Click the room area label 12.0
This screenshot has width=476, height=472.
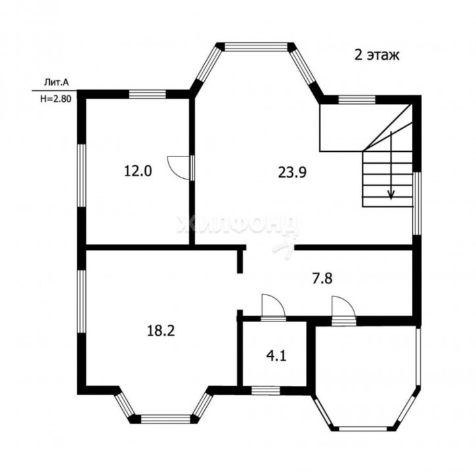[x=138, y=172]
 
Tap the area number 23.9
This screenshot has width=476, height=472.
[x=292, y=172]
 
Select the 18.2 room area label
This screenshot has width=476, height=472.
[x=161, y=331]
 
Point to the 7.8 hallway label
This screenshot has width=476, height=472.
[x=322, y=278]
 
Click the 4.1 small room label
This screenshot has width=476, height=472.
[x=276, y=356]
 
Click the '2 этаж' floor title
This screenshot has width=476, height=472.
[x=377, y=55]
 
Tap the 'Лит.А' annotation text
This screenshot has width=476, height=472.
[x=56, y=82]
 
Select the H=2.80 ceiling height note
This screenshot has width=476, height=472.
[x=56, y=99]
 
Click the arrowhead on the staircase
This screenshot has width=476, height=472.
[x=391, y=195]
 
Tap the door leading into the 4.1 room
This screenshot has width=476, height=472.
[x=273, y=307]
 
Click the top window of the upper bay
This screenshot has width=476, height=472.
[x=255, y=46]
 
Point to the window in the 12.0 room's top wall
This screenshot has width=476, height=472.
[x=148, y=94]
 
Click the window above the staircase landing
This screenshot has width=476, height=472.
[x=357, y=99]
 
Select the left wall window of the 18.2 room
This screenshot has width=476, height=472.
[x=81, y=301]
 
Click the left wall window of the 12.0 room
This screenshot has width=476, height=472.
[x=81, y=176]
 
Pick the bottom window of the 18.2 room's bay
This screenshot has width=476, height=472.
[x=165, y=419]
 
